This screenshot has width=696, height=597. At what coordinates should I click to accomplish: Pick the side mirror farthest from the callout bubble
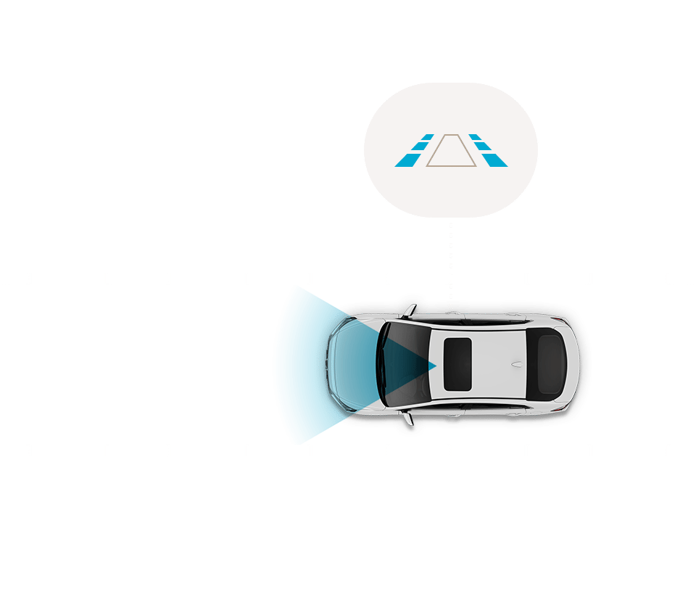(x=408, y=419)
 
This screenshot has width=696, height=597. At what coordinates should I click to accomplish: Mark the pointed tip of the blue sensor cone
(x=434, y=366)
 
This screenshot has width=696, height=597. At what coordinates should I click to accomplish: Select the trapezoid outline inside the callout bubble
(x=450, y=151)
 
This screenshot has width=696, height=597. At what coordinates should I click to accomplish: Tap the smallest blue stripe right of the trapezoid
(x=475, y=137)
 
